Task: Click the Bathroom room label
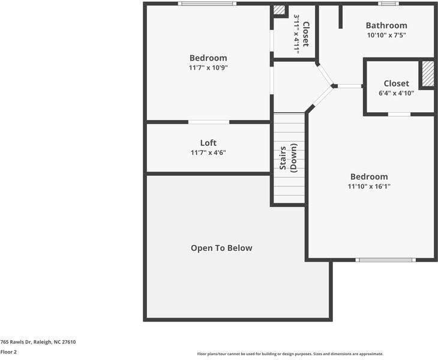(386, 25)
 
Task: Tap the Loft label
(208, 143)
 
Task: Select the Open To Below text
(221, 248)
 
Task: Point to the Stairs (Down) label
(288, 157)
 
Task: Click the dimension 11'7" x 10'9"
(208, 68)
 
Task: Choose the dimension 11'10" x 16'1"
(369, 187)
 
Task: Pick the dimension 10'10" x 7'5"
(386, 35)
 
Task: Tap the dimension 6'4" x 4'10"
(396, 94)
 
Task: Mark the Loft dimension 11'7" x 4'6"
(208, 153)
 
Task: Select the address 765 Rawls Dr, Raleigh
(38, 342)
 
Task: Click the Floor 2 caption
(8, 352)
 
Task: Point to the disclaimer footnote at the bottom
(290, 354)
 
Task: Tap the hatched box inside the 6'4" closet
(427, 74)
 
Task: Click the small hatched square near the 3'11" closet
(279, 10)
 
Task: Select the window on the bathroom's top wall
(388, 4)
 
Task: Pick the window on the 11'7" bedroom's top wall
(207, 4)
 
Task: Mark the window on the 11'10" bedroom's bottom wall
(385, 260)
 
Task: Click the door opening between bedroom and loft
(209, 122)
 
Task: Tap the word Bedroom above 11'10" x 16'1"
(369, 176)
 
